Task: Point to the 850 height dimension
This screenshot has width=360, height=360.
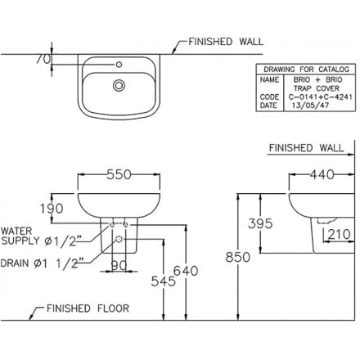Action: [x=237, y=257]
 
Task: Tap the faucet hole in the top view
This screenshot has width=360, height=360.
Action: [x=121, y=62]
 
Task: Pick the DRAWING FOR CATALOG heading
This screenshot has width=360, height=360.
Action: [x=304, y=71]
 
